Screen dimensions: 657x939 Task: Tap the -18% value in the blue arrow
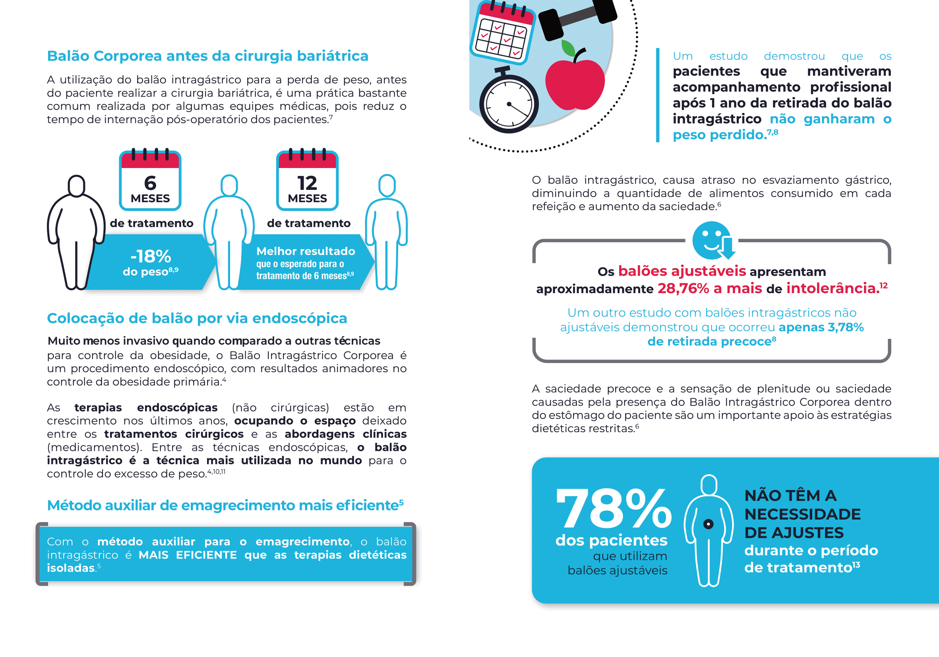[x=151, y=257]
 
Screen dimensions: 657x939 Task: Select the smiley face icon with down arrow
[x=713, y=240]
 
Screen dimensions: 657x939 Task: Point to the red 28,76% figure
[x=683, y=289]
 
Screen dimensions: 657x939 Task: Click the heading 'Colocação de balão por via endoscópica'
[x=197, y=318]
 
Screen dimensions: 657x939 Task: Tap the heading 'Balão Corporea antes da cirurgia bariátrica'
[x=207, y=56]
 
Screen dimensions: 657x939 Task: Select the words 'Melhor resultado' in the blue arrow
[x=306, y=251]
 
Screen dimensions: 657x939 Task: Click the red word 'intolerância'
[x=833, y=289]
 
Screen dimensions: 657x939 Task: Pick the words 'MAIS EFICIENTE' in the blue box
[x=188, y=555]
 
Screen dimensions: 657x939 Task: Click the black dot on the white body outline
[x=709, y=524]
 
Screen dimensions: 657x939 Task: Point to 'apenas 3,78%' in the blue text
[x=821, y=327]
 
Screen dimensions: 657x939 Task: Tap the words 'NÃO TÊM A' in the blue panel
[x=790, y=495]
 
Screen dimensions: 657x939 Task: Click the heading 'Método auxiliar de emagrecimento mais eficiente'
[x=223, y=505]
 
